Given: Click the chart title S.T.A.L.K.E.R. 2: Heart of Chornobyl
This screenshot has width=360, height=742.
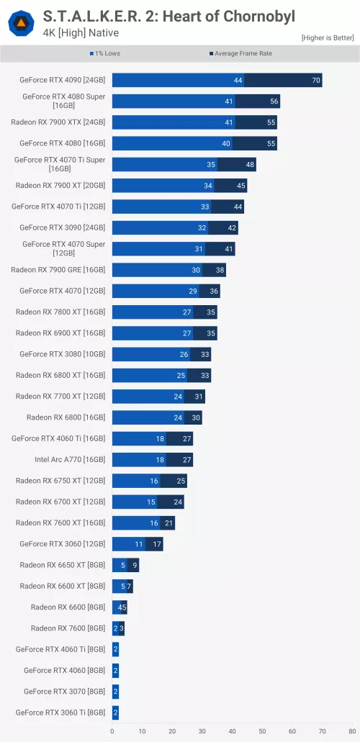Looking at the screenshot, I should (168, 16).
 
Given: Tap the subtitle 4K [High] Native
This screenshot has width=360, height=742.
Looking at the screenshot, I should (81, 32).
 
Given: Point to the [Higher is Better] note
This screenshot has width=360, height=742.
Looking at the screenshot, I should (327, 37).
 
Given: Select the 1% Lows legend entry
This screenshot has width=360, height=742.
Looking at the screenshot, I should (104, 54).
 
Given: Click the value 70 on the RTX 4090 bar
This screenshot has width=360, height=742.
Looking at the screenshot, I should (316, 81).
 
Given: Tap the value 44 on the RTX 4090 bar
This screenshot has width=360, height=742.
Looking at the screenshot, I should (238, 81).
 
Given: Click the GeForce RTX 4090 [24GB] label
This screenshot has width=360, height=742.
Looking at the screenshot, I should (62, 81).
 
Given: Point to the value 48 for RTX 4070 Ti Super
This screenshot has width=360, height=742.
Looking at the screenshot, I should (250, 165).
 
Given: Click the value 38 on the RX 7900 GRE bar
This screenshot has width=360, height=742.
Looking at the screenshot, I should (220, 270).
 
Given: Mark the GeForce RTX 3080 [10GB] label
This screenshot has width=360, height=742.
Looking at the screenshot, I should (62, 354).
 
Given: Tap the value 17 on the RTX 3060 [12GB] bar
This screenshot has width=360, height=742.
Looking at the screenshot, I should (157, 544).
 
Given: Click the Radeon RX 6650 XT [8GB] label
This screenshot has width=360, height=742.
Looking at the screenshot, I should (62, 565).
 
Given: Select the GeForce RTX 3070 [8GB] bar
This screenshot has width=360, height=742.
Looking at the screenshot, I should (115, 692).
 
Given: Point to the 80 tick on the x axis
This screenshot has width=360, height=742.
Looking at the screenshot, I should (351, 731).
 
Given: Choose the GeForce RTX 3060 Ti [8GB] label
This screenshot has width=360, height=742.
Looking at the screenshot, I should (60, 712).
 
